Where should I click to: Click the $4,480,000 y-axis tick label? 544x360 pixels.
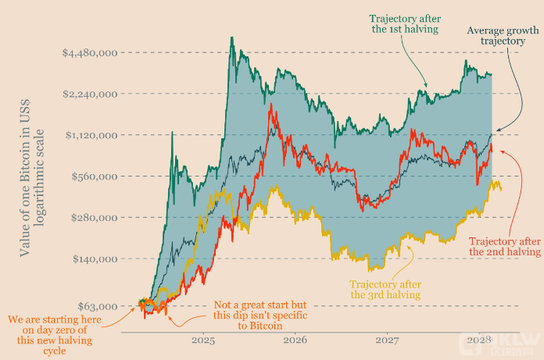coord(90,53)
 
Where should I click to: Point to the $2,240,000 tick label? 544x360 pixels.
coord(90,94)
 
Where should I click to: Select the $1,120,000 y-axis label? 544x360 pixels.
coord(90,135)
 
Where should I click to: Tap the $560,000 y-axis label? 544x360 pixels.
coord(94,176)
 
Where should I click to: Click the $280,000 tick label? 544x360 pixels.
coord(94,217)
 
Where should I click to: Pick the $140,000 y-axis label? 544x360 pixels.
coord(94,258)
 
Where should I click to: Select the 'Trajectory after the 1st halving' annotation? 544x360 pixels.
coord(404,23)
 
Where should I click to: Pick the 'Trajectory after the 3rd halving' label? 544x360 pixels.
coord(385,289)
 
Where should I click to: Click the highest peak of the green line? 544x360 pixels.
coord(231,38)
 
